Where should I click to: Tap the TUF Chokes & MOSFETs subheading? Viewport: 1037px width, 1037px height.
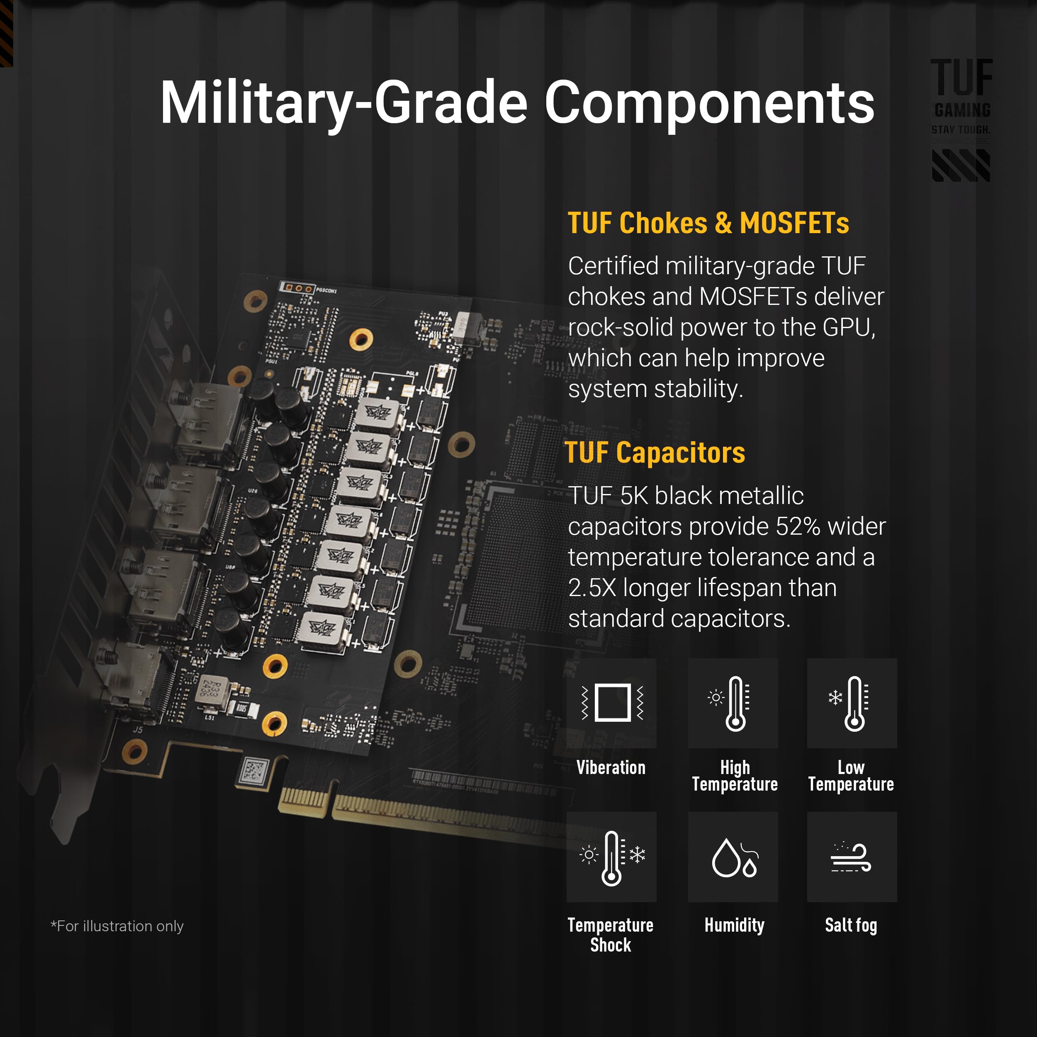708,223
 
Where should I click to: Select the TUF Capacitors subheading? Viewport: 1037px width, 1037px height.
655,453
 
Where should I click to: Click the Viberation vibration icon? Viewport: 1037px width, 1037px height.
611,703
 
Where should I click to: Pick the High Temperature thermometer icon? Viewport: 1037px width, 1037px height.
733,703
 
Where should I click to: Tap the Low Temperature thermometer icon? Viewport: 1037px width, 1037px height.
852,703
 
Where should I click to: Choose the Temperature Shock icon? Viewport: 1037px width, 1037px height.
611,857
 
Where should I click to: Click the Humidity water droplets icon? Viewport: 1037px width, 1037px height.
733,857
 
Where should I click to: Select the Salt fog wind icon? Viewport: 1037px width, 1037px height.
852,857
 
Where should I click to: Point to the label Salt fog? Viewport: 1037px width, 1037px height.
851,925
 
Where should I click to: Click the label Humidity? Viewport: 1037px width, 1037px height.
734,925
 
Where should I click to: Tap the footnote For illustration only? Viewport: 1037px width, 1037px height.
117,926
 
